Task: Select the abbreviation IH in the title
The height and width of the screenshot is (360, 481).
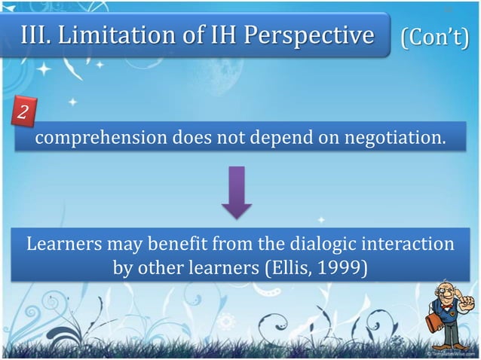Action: click(202, 35)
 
